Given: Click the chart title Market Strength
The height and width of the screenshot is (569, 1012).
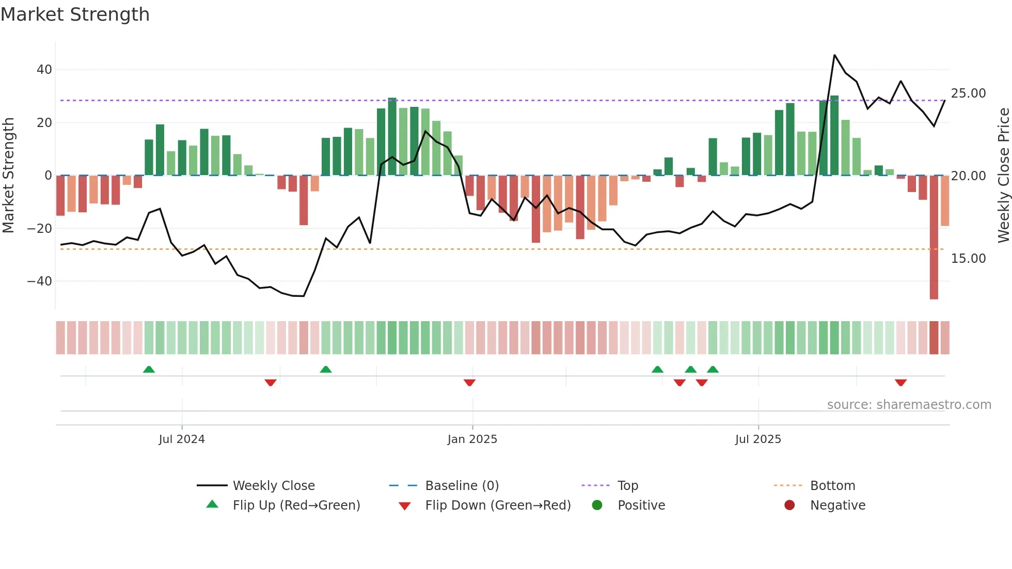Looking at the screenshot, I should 75,14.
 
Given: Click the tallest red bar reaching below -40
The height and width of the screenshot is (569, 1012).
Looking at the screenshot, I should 934,238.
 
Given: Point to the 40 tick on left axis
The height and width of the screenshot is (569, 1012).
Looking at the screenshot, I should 44,70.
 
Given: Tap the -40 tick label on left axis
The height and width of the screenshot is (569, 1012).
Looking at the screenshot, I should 40,281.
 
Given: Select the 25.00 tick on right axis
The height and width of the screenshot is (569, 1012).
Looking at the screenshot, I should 968,93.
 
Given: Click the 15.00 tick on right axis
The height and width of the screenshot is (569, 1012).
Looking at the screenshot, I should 968,259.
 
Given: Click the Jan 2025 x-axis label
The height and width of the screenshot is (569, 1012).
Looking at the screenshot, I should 472,439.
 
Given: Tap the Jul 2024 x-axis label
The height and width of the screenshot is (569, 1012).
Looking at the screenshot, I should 182,439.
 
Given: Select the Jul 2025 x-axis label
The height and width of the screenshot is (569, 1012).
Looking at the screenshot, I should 758,439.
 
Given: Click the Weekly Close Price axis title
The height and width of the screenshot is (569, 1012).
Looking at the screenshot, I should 1003,176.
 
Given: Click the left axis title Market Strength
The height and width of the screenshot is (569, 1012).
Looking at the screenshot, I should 9,176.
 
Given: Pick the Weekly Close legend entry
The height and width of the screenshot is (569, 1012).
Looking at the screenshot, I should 273,486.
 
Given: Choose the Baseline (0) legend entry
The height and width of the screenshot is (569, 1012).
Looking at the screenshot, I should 462,486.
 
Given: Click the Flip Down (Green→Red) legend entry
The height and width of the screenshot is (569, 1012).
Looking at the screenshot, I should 497,505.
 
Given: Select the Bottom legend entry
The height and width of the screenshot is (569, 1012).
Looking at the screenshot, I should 832,486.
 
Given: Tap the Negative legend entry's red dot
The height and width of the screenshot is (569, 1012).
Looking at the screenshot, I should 789,505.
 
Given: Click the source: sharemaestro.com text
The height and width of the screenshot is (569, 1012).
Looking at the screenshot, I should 909,405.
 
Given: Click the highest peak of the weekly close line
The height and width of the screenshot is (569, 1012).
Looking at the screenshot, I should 834,55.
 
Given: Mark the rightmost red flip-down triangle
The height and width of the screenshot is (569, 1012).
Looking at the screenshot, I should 900,383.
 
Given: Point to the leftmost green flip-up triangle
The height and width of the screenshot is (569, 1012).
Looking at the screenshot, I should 149,369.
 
